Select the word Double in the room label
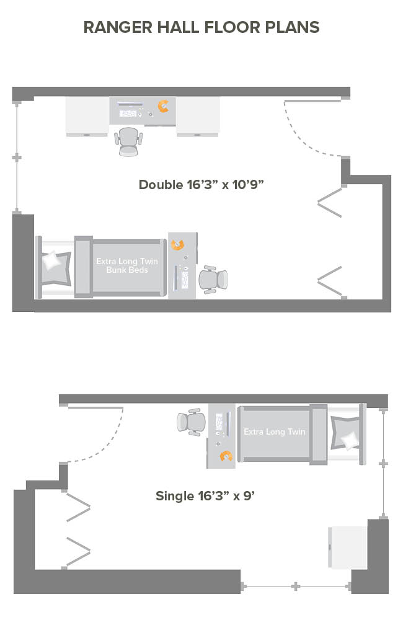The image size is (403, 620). click(x=161, y=185)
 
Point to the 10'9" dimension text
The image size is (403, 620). click(x=248, y=185)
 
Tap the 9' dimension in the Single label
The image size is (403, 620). click(x=249, y=496)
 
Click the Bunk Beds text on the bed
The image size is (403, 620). click(x=127, y=270)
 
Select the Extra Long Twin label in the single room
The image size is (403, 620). click(x=275, y=432)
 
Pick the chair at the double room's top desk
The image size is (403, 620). click(x=128, y=141)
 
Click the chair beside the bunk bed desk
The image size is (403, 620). click(x=213, y=280)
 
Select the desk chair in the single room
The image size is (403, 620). click(x=192, y=422)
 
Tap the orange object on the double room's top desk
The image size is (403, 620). click(x=163, y=106)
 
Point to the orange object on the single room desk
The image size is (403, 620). click(x=226, y=456)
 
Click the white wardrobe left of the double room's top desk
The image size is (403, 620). click(x=87, y=117)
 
